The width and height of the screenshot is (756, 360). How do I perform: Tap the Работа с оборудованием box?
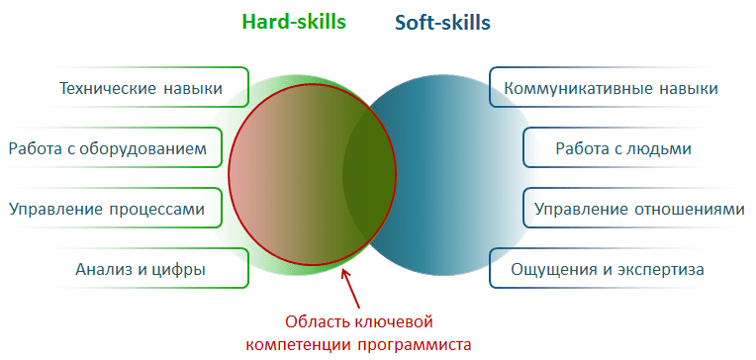coord(109,149)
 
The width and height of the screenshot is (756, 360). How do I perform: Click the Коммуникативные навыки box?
coord(611,89)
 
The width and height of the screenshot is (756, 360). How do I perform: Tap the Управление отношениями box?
coord(637,209)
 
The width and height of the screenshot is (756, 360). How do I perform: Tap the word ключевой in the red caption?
coord(397,321)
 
